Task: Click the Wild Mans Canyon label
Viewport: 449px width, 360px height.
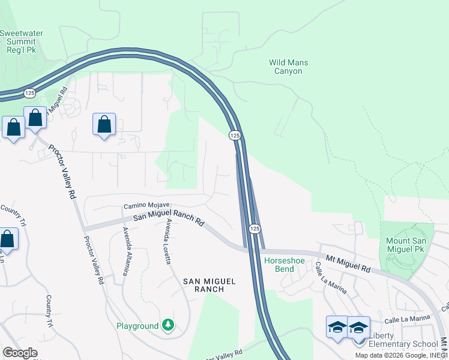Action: click(x=285, y=66)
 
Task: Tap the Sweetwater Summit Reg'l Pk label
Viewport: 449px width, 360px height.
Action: click(x=21, y=41)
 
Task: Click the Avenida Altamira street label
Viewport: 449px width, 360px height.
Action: click(x=127, y=251)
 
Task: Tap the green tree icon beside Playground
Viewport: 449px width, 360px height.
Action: click(x=169, y=325)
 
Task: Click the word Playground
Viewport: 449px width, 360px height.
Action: click(x=137, y=326)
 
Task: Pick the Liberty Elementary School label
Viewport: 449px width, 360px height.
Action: click(x=402, y=340)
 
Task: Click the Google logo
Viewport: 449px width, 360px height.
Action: click(x=20, y=352)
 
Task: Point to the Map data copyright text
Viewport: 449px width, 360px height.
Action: click(x=401, y=355)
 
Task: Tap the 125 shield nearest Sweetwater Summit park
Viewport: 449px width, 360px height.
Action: click(x=29, y=93)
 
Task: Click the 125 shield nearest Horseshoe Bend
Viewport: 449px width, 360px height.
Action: click(x=255, y=229)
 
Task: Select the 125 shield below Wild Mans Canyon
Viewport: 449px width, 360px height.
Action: click(x=235, y=136)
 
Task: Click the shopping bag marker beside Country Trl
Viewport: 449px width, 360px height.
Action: click(x=7, y=238)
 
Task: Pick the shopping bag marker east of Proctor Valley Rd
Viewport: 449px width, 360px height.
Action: click(x=104, y=124)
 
